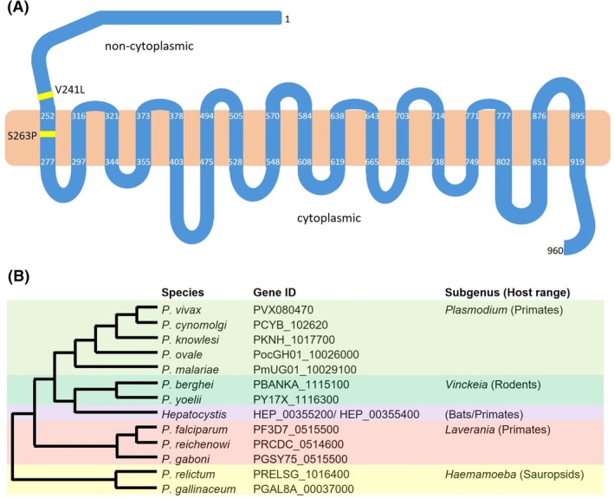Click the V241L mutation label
pos(70,90)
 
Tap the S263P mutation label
pos(23,136)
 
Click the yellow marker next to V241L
pos(45,95)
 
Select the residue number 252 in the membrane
pos(48,116)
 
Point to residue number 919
pos(577,162)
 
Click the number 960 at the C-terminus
pos(555,250)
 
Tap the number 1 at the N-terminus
pos(288,19)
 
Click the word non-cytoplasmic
pos(149,46)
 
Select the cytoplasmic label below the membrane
pos(329,218)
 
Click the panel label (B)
pos(18,276)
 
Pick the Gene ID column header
pos(275,293)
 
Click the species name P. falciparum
pos(195,430)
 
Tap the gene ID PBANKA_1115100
pos(301,385)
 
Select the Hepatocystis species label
pos(194,415)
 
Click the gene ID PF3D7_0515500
pos(296,430)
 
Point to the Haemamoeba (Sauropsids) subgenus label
pos(514,475)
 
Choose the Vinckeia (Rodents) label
pos(493,385)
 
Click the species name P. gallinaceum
pos(198,489)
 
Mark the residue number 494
pos(206,116)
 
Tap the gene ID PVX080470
pos(283,310)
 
